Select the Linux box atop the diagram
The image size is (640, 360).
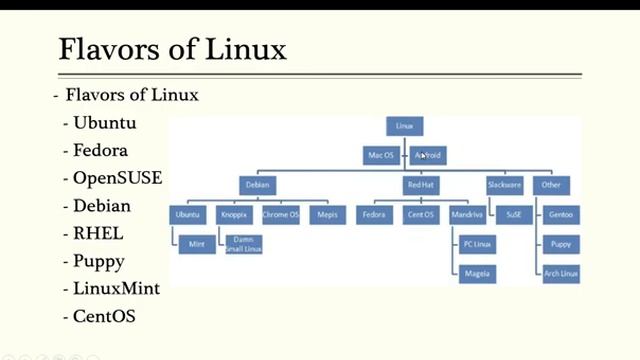point(405,126)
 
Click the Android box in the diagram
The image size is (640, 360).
point(428,155)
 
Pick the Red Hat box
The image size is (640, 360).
point(420,185)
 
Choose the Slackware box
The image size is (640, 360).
point(505,185)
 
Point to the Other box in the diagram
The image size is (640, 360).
point(551,185)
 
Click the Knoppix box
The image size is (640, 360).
point(235,215)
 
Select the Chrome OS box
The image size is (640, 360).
point(281,215)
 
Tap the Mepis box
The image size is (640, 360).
point(327,215)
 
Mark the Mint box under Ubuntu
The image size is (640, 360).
point(196,244)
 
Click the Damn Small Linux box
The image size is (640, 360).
point(242,244)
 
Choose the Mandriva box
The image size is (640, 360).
point(467,215)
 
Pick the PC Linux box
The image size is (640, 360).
point(476,244)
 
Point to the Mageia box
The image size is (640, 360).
point(476,273)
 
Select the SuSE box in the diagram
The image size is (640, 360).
point(514,215)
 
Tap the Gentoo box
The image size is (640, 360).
point(561,215)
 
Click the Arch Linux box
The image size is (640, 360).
point(561,273)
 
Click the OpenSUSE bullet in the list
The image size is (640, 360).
point(117,178)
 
